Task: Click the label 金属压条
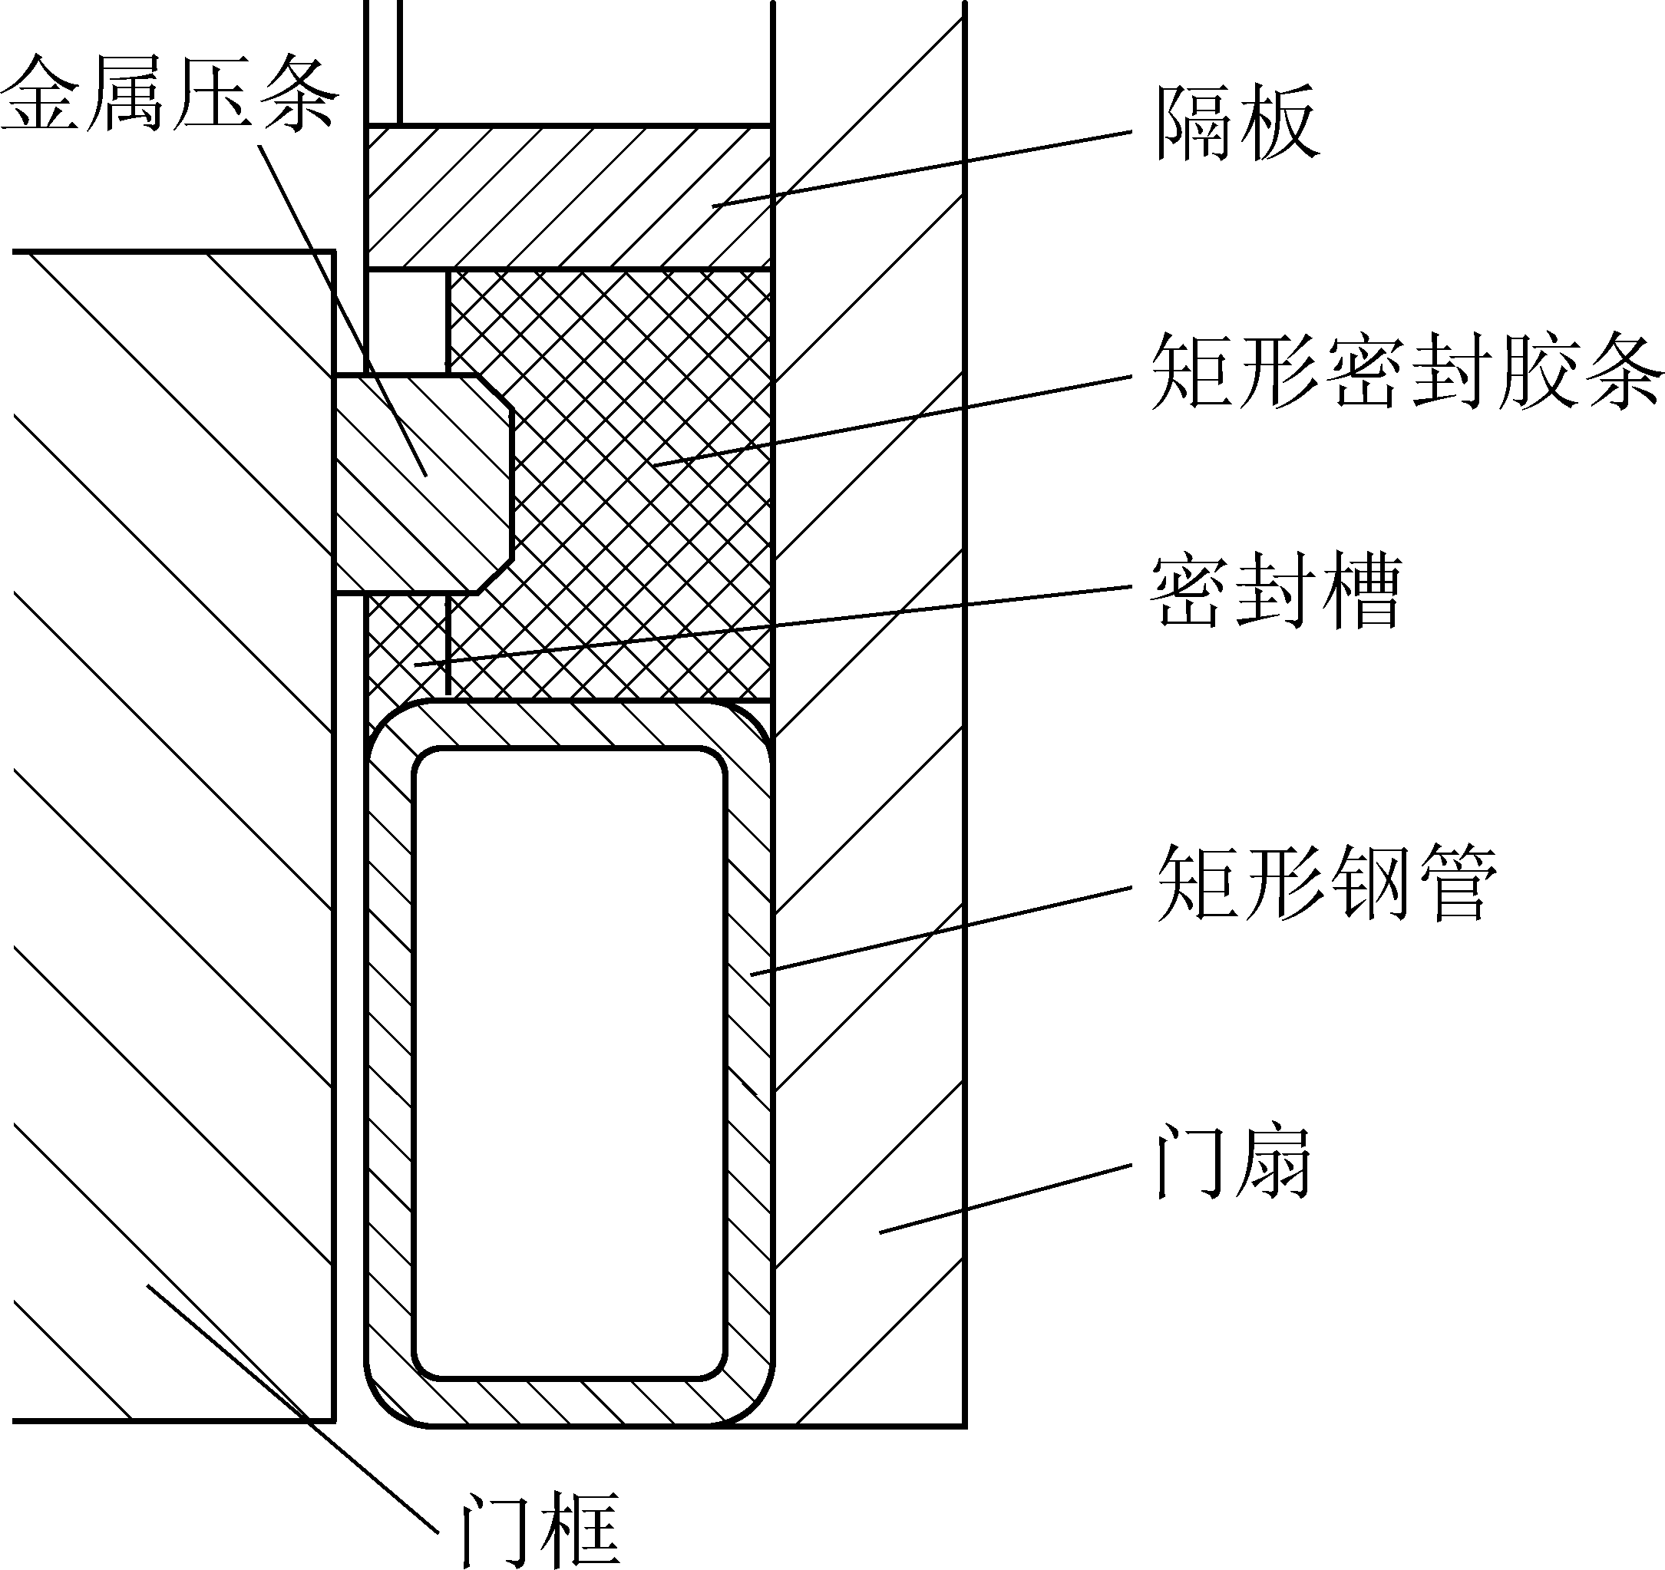[170, 94]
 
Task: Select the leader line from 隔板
[921, 167]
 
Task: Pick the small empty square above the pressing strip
[407, 321]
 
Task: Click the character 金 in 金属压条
[42, 94]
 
